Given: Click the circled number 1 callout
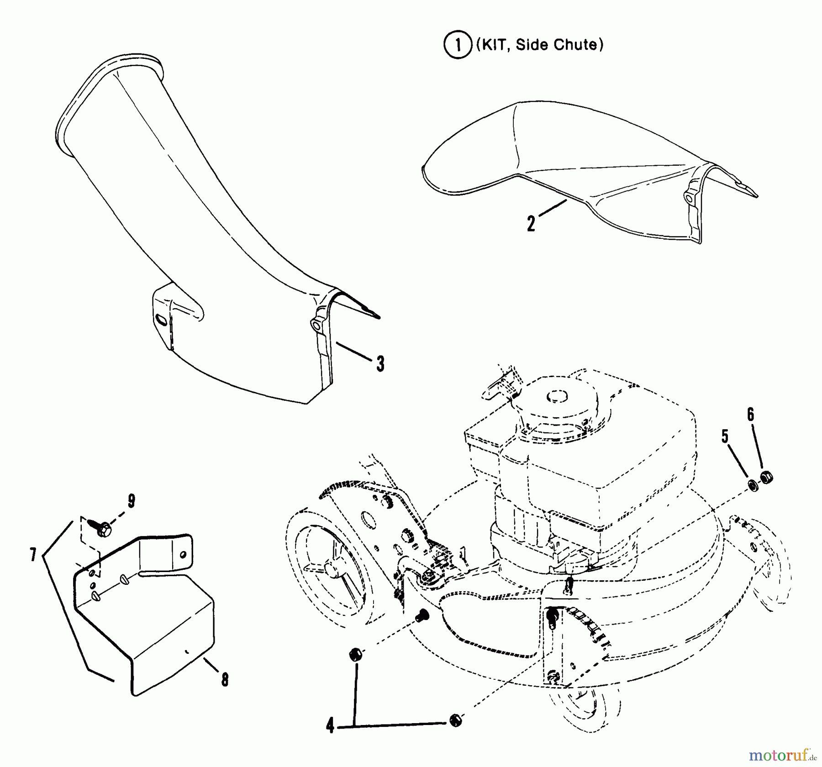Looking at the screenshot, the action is click(458, 45).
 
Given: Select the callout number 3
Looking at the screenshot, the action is click(380, 364).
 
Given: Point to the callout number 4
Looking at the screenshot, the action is click(330, 725).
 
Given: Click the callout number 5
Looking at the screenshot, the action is click(725, 437).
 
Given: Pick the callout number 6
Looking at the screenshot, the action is click(750, 415).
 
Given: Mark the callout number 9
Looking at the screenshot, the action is click(132, 501).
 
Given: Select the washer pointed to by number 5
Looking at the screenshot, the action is click(753, 485).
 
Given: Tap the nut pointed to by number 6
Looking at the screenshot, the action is click(767, 478).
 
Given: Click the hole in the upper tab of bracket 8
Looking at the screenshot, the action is click(183, 554).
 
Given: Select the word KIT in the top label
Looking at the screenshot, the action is click(491, 45).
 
